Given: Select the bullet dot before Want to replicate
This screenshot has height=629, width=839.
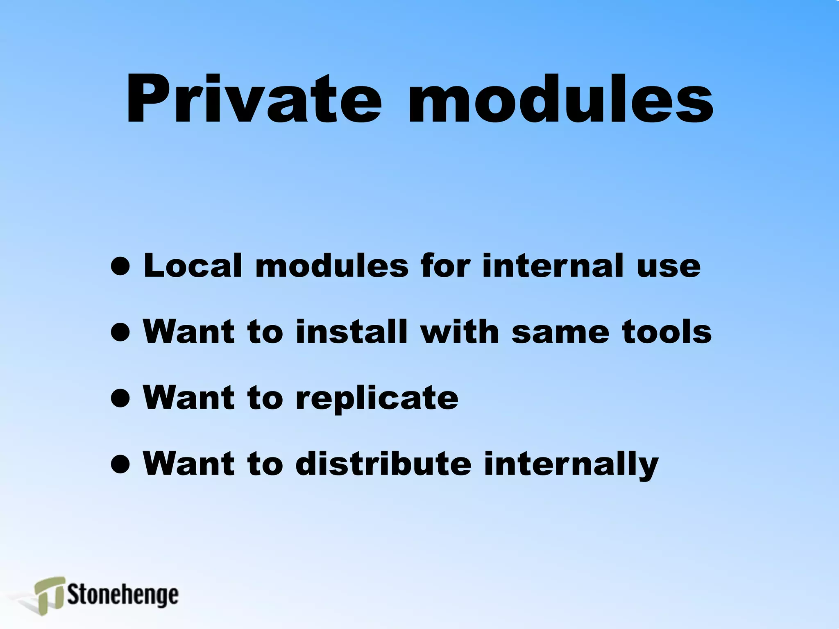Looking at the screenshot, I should pos(120,398).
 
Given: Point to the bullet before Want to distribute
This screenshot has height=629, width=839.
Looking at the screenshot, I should pos(120,464).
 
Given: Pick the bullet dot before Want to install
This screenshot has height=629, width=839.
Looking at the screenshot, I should pos(120,332).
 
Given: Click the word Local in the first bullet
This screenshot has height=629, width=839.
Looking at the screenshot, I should pos(193,266).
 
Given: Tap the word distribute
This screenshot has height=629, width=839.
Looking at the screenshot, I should pos(383,464).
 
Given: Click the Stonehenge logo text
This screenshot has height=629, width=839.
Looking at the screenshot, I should pos(123,595).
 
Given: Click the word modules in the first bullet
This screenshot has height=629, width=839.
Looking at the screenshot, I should pos(332,266).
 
